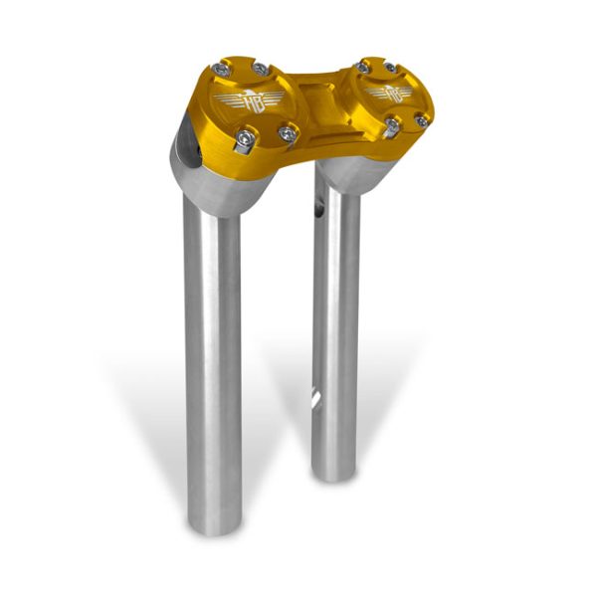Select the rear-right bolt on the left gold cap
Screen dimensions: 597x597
click(x=260, y=69)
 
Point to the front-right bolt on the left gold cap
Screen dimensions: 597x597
click(x=288, y=130)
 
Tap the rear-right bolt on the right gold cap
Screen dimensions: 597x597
click(x=390, y=68)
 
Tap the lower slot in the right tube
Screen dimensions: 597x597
click(x=314, y=399)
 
